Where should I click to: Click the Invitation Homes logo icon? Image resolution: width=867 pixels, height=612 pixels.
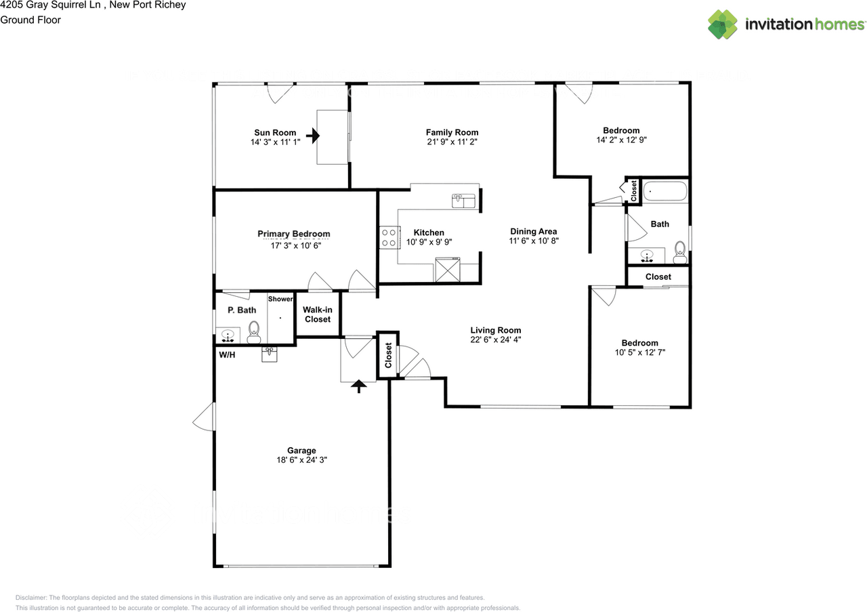point(723,24)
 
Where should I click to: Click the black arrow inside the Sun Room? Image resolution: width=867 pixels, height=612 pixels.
point(313,136)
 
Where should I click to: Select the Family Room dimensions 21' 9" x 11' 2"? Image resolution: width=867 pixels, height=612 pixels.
point(452,142)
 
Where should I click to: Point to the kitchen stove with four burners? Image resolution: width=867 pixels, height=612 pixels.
point(389,237)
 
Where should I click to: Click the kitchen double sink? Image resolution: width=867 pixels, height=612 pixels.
point(464,200)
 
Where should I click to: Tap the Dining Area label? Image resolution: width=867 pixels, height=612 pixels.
point(534,231)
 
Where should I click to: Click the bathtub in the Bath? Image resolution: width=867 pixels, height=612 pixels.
point(664,192)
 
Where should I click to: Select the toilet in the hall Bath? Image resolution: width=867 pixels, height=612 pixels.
point(680,253)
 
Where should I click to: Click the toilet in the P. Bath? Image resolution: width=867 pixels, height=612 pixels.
point(255,330)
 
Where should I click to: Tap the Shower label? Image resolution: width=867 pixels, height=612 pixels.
point(280,299)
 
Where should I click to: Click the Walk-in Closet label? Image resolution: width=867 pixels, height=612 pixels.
point(317,314)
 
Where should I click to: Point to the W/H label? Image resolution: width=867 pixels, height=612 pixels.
point(227,355)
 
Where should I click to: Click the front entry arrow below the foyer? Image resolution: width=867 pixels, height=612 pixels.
point(359,386)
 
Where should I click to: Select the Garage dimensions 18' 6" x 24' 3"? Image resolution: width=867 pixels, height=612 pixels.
point(301,460)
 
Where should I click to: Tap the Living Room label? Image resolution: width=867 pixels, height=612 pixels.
point(496,331)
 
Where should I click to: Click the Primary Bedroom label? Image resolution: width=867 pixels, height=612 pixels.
point(294,234)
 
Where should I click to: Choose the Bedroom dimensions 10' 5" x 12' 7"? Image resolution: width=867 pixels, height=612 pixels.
point(640,352)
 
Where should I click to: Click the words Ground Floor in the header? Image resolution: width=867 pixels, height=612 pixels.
point(30,20)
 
